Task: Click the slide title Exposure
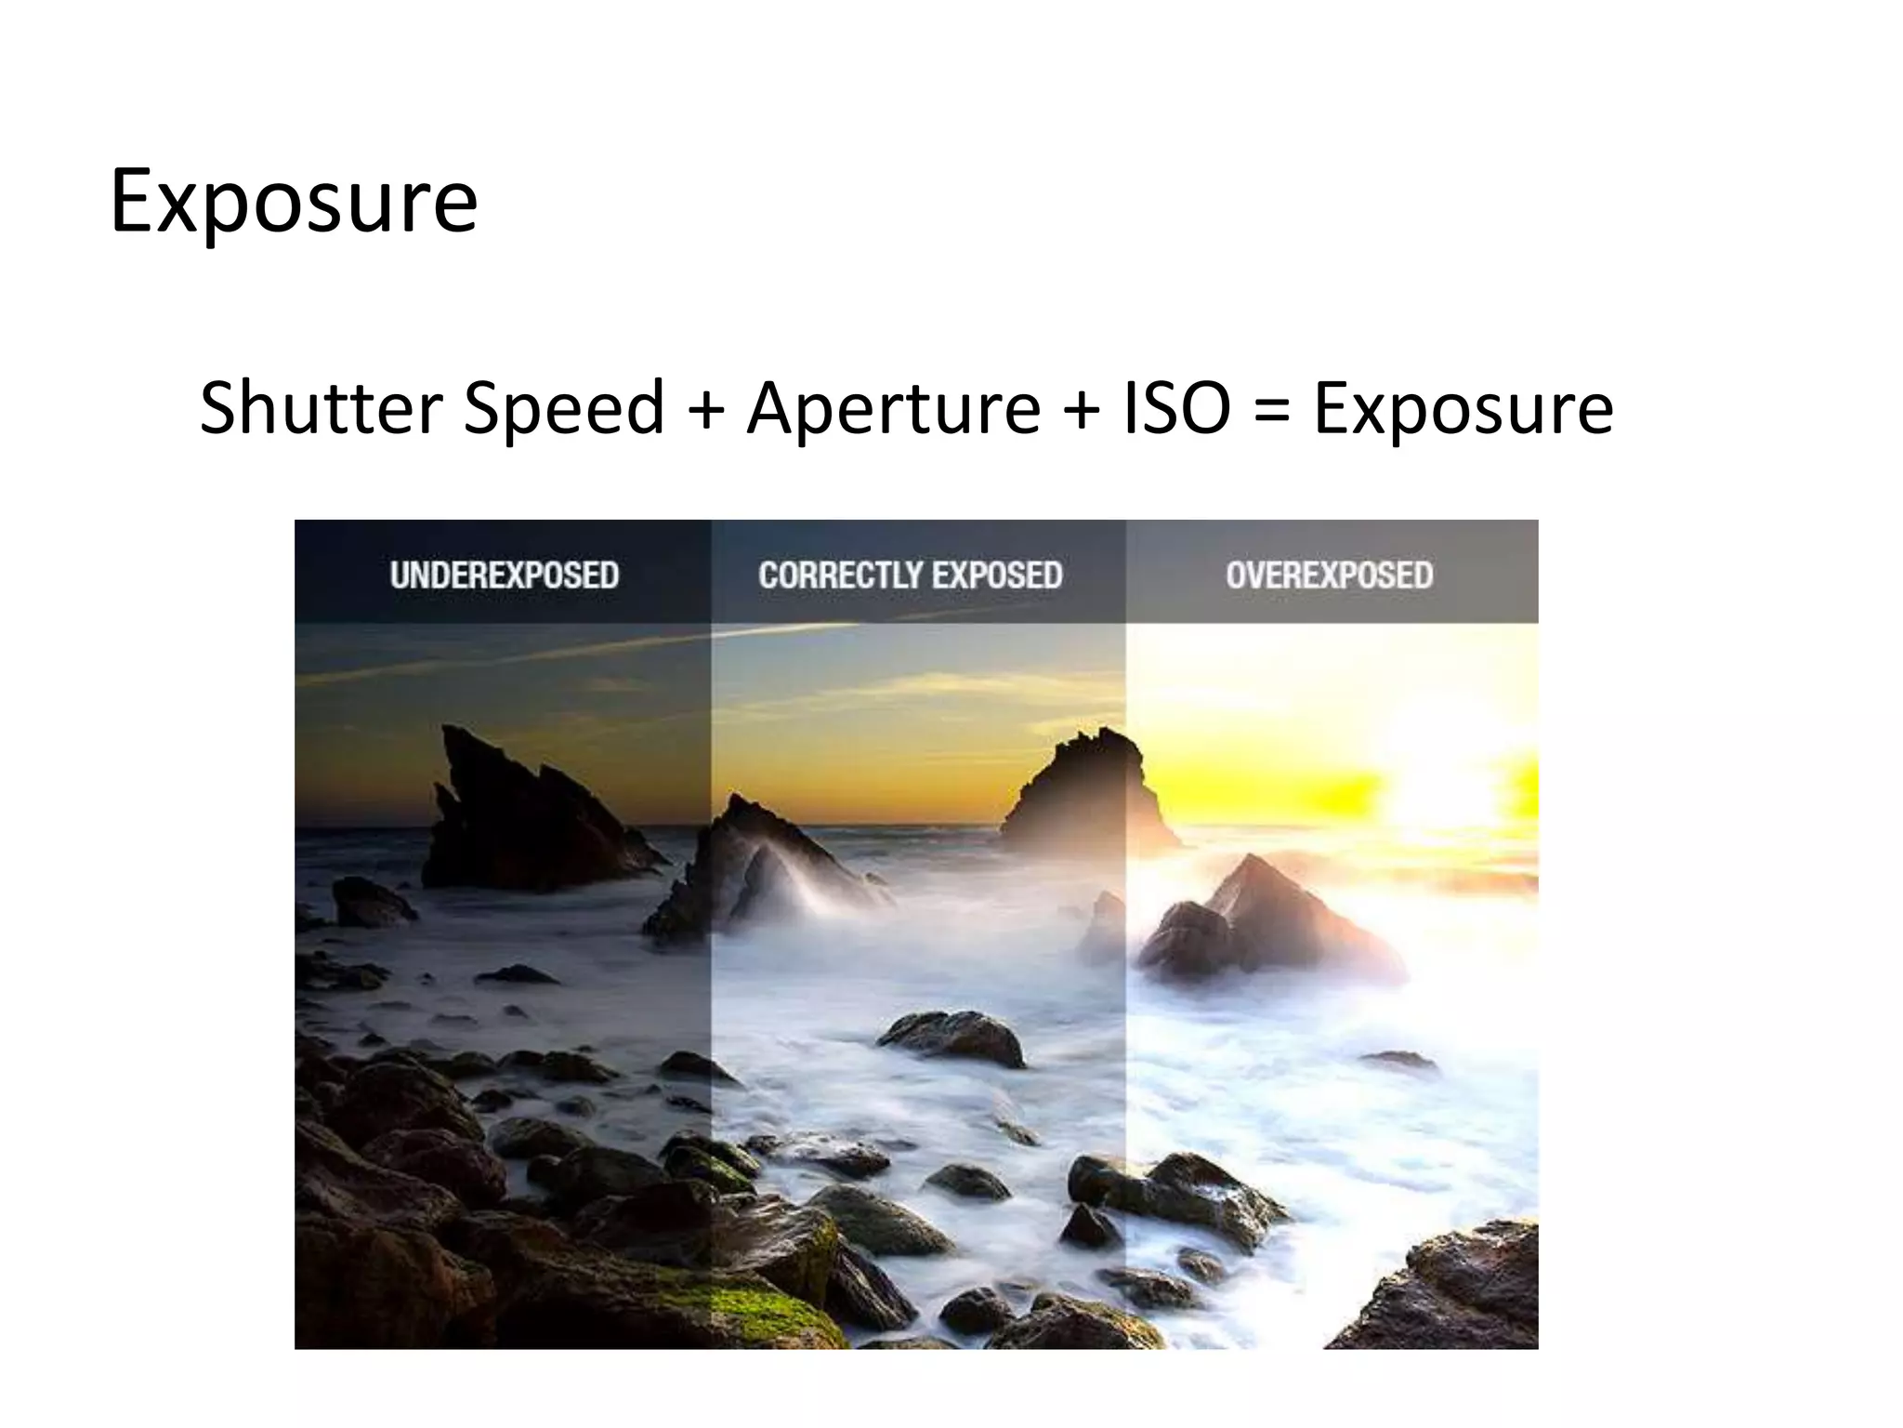coord(294,202)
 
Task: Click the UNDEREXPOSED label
coord(505,575)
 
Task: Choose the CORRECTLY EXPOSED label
coord(911,575)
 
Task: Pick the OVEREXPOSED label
coord(1330,575)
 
